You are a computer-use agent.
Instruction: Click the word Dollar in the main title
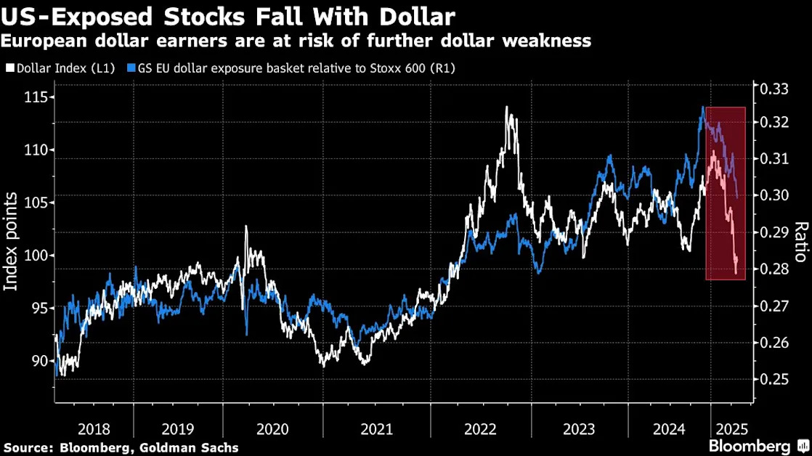(x=418, y=17)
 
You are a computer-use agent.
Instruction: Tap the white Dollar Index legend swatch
(x=10, y=68)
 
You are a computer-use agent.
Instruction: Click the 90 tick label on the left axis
(x=38, y=361)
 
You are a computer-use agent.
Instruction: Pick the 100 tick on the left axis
(x=36, y=256)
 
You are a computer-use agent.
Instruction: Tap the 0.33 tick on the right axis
(x=774, y=89)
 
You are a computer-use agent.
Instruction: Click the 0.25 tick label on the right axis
(x=774, y=379)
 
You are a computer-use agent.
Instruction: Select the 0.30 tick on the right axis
(x=774, y=195)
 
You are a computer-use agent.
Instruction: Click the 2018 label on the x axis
(x=94, y=429)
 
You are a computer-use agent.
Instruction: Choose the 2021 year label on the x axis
(x=376, y=429)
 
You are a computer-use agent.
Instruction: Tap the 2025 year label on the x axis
(x=731, y=429)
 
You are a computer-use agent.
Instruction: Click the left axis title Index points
(x=11, y=241)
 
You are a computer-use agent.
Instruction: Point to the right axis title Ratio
(x=801, y=242)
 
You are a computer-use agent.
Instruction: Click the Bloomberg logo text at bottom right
(x=750, y=446)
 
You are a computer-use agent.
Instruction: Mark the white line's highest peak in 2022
(x=506, y=107)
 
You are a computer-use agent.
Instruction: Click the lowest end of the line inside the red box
(x=736, y=273)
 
